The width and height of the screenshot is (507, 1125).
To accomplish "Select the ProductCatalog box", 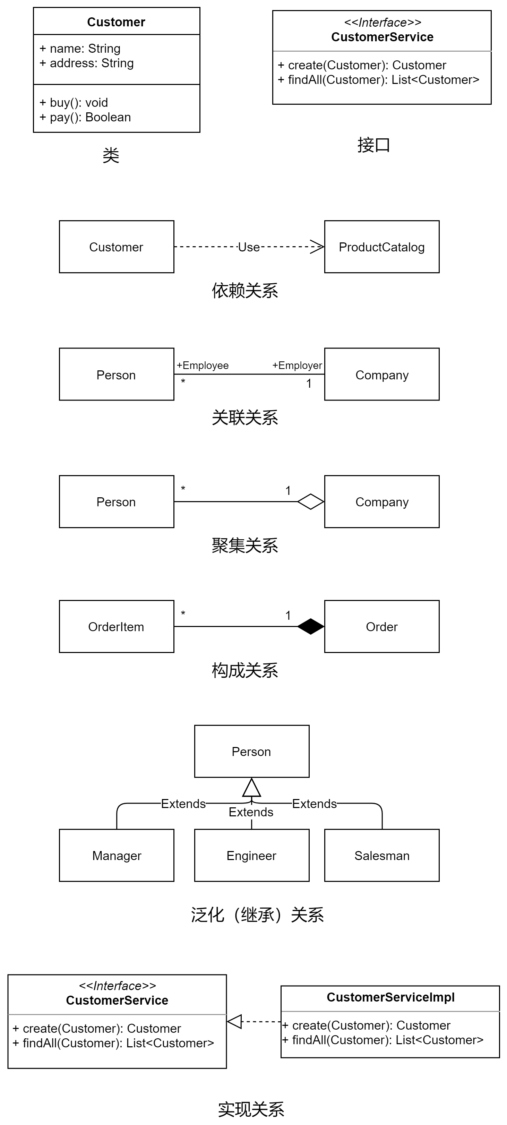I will [382, 247].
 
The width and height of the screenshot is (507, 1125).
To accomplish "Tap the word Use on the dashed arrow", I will [249, 247].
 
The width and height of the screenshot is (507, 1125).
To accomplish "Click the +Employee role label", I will [203, 365].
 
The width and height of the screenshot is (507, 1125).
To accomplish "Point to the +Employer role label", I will [297, 365].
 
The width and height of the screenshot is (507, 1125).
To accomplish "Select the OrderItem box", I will [116, 626].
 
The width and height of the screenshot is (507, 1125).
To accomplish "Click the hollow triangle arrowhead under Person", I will [251, 788].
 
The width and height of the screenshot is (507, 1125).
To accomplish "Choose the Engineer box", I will [251, 855].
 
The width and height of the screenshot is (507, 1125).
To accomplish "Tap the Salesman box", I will [382, 855].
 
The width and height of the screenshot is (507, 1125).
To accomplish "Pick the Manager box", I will [116, 855].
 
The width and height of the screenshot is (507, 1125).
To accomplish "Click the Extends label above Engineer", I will [251, 812].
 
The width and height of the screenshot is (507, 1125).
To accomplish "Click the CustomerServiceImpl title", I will [390, 997].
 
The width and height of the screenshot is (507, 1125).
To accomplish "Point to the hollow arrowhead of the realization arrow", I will [234, 1022].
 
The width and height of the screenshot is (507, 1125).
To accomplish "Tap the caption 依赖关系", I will [245, 290].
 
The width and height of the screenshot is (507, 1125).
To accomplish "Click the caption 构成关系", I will [245, 670].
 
